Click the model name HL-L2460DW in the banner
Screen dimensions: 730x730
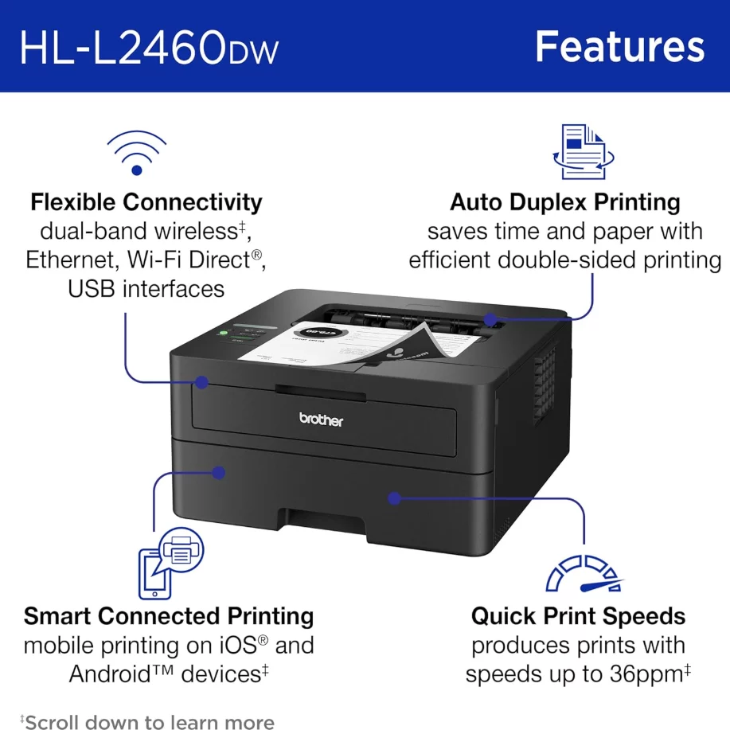(x=149, y=48)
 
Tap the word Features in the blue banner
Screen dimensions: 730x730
(x=619, y=46)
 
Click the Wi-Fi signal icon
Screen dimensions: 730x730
(x=136, y=153)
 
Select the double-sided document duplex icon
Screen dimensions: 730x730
(x=584, y=152)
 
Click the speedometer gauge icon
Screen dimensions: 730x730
(x=584, y=573)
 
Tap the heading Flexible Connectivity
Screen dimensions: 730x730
(x=146, y=202)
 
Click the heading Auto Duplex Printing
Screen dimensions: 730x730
(x=564, y=202)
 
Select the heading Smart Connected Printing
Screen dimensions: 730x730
(x=169, y=616)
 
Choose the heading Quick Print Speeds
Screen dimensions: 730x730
(x=578, y=616)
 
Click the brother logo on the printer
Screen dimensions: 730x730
(x=321, y=420)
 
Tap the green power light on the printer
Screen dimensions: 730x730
(x=224, y=333)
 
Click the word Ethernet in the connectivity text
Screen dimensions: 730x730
(x=70, y=260)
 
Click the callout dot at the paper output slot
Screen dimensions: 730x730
(x=490, y=319)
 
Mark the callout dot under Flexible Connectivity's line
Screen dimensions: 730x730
(x=201, y=382)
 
